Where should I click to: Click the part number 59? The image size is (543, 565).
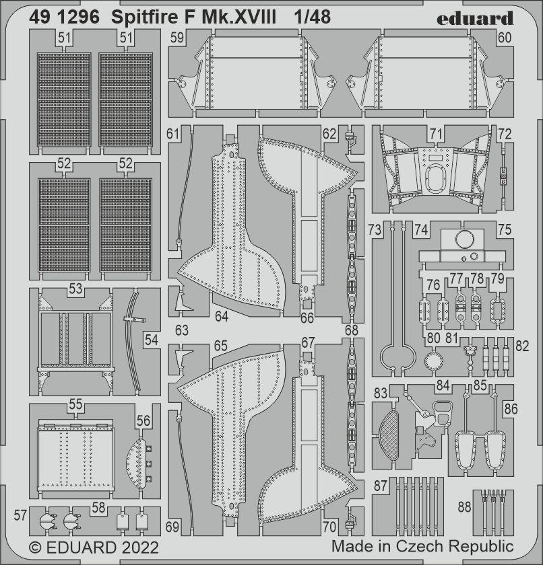(177, 39)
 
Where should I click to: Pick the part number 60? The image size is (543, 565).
(505, 39)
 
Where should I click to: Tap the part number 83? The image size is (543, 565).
(381, 392)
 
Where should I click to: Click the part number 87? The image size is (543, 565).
(381, 485)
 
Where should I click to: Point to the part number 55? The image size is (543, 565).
(75, 405)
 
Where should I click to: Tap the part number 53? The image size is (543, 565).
(75, 289)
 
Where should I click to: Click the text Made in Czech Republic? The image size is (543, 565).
(422, 545)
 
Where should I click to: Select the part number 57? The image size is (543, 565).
(20, 516)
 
